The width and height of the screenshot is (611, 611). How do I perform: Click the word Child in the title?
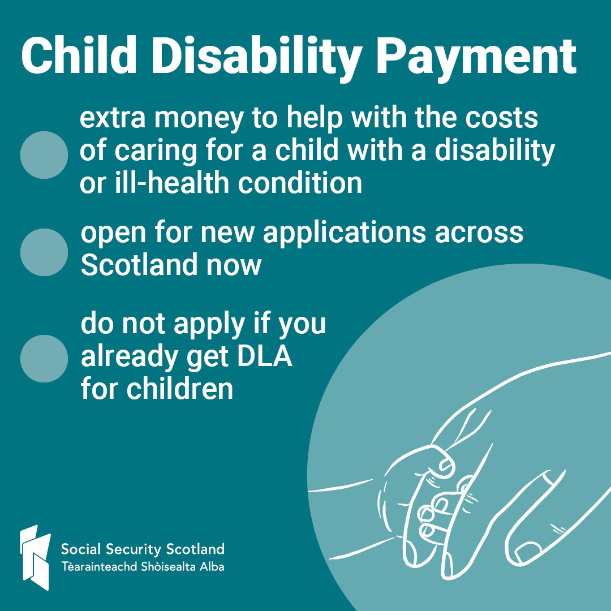click(79, 55)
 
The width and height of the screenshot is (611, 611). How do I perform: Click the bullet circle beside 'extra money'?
click(44, 155)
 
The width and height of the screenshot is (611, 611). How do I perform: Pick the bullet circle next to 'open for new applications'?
click(44, 252)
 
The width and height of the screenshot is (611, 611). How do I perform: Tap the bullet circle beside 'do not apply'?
click(44, 359)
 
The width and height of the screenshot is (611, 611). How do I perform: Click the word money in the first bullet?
click(199, 119)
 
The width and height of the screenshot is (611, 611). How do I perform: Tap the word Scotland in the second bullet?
click(139, 265)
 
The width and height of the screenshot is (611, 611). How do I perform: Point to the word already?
click(129, 358)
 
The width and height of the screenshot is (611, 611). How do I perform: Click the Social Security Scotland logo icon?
click(36, 557)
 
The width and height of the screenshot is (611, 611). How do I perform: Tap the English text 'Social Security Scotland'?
click(143, 549)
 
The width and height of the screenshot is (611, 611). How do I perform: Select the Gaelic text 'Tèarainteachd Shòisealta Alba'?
click(143, 566)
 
